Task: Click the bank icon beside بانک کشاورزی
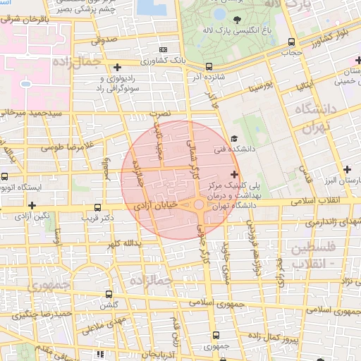[x=164, y=49]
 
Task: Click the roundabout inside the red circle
[x=199, y=205]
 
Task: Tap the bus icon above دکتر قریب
[x=97, y=207]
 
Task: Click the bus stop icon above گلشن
[x=109, y=293]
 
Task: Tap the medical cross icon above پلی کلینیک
[x=234, y=173]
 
